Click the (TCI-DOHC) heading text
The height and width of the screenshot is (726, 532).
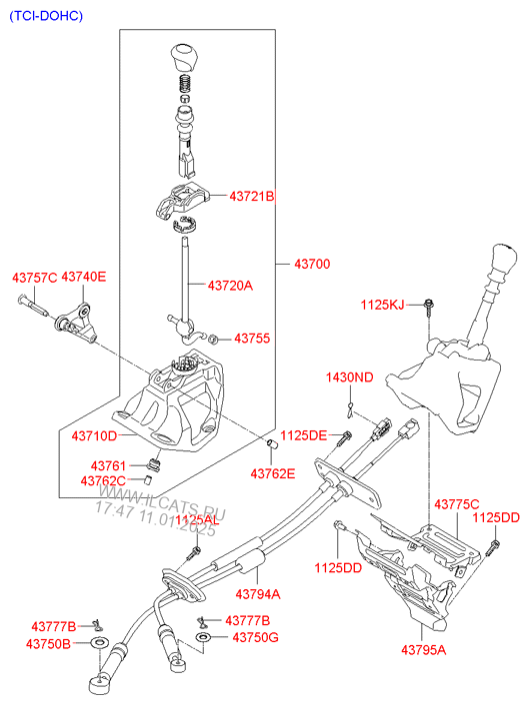coord(47,17)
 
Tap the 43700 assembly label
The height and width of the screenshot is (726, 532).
coord(312,265)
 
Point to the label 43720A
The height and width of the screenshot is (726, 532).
coord(230,286)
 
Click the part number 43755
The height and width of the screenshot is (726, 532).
coord(252,339)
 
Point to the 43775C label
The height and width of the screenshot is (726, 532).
coord(456,505)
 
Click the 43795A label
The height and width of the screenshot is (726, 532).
coord(423,651)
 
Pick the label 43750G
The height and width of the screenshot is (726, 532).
coord(255,637)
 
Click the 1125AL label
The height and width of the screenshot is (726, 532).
coord(196,520)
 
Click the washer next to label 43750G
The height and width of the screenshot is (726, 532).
coord(204,637)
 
